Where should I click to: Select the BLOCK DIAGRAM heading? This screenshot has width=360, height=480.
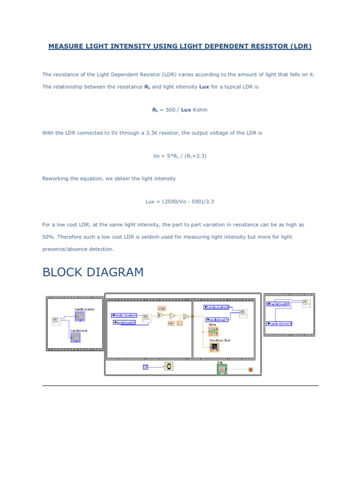click(x=93, y=272)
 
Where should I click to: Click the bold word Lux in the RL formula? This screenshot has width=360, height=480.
click(x=186, y=110)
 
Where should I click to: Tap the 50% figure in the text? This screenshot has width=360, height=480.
click(x=47, y=237)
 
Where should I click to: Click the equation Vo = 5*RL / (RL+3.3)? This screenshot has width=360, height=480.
click(x=180, y=156)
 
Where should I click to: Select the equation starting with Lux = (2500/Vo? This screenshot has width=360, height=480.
click(x=180, y=202)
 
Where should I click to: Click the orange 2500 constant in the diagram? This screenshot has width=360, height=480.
click(x=162, y=308)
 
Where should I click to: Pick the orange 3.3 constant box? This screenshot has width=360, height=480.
click(x=180, y=323)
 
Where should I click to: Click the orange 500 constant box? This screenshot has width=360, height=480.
click(x=171, y=323)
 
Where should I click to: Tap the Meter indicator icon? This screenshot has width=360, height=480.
click(x=214, y=331)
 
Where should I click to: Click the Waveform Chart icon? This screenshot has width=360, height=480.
click(x=214, y=347)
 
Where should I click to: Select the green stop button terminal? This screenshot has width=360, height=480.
click(x=222, y=369)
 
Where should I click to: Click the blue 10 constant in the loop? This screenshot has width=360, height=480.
click(x=145, y=367)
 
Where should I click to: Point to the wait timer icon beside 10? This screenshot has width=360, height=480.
click(x=169, y=366)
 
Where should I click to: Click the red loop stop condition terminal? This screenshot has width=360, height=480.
click(x=251, y=370)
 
